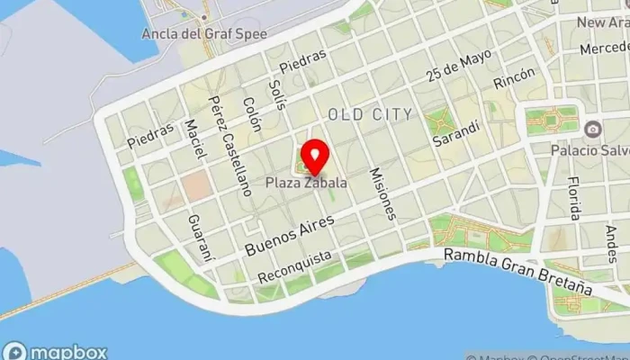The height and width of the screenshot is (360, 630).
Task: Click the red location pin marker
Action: tap(314, 157)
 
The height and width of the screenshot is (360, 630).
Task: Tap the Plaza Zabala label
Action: tap(307, 183)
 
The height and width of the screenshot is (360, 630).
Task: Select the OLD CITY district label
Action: tap(371, 114)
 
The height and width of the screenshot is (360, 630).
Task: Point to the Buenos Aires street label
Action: tap(290, 234)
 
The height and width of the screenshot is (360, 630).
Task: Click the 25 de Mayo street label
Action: tap(460, 66)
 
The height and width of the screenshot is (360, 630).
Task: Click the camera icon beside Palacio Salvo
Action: tap(592, 130)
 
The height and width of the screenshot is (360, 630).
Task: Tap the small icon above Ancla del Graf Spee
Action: tap(204, 17)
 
